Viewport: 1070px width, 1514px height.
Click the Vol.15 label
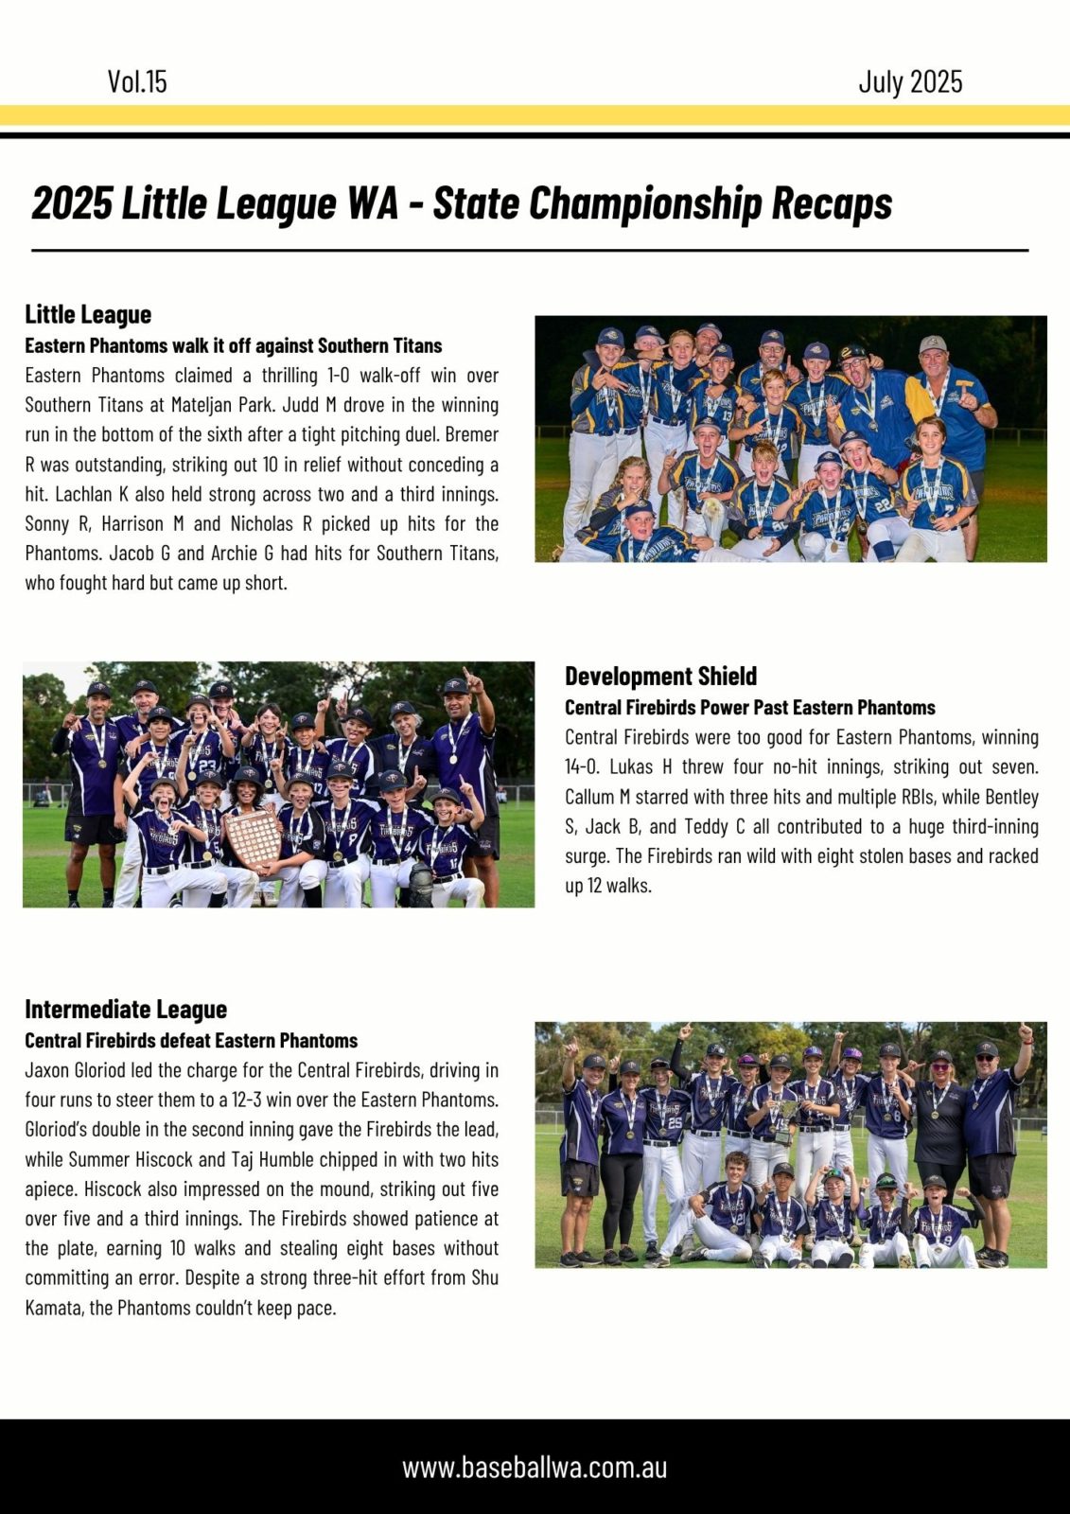click(137, 81)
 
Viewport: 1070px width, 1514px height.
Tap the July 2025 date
click(910, 81)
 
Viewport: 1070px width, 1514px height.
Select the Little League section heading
click(88, 314)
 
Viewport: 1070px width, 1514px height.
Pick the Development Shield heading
click(660, 676)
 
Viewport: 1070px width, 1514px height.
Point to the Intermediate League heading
click(126, 1009)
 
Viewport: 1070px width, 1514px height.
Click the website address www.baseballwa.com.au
click(535, 1468)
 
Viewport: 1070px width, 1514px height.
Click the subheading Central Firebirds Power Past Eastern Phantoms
click(749, 707)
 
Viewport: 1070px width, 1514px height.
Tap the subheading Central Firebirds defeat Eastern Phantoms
click(191, 1040)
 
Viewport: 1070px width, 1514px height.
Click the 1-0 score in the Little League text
click(337, 375)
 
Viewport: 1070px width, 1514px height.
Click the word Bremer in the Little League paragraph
click(471, 434)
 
